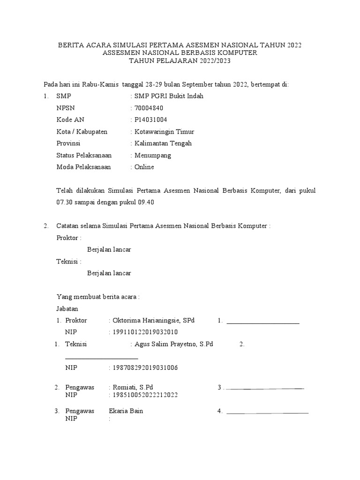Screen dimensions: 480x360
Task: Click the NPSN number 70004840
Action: [x=149, y=108]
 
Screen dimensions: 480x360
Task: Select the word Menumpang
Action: [x=153, y=155]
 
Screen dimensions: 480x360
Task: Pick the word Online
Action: [x=144, y=167]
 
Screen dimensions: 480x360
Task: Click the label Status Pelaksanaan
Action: [x=84, y=155]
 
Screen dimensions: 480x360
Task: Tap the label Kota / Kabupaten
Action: [x=82, y=132]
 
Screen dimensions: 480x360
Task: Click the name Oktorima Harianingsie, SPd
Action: [x=153, y=321]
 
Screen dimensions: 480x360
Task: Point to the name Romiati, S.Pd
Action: [x=133, y=387]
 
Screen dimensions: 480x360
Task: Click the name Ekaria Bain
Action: [x=126, y=411]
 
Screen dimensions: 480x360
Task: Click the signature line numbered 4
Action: [x=267, y=413]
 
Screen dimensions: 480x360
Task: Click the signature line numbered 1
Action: [x=263, y=323]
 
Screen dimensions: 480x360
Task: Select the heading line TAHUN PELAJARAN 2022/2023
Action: [x=180, y=61]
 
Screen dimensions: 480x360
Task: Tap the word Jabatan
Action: [x=67, y=309]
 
